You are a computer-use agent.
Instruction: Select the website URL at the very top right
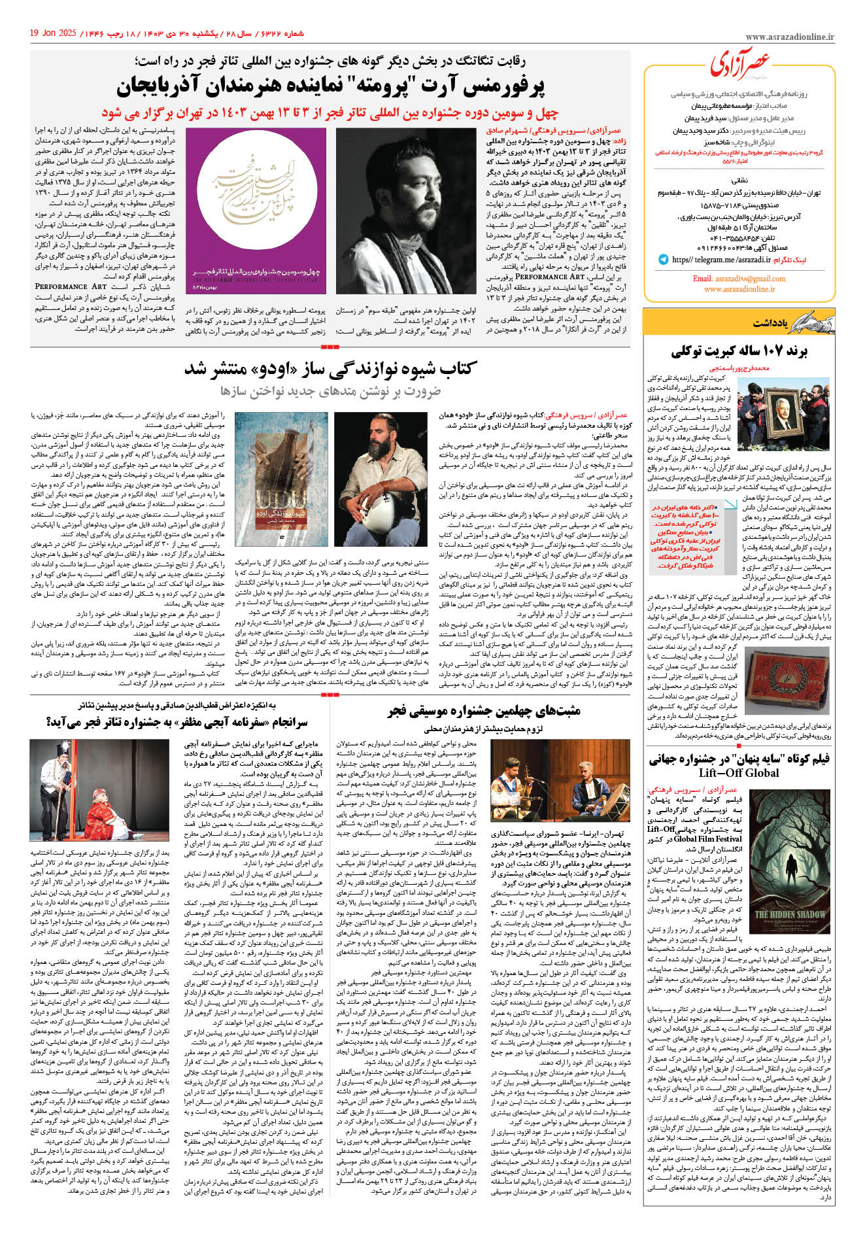pyautogui.click(x=789, y=38)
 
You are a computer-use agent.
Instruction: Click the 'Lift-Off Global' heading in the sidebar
pyautogui.click(x=739, y=772)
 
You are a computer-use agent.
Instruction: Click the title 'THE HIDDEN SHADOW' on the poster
pyautogui.click(x=790, y=914)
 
